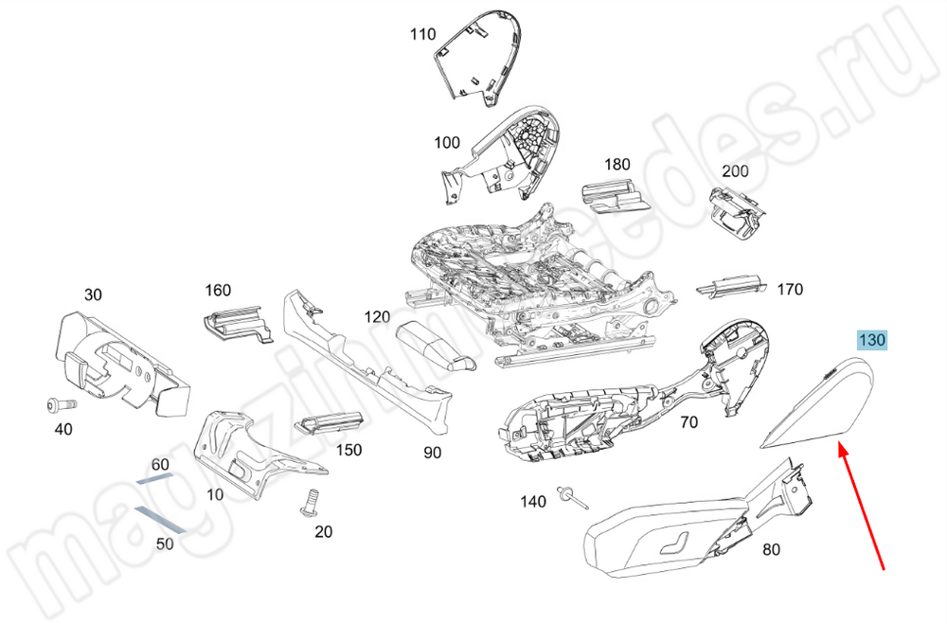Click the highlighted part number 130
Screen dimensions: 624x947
point(871,340)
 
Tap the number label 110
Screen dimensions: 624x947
point(422,35)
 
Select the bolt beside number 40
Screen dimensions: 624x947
point(58,405)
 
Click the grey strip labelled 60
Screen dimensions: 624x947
point(155,479)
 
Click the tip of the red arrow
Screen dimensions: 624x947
point(837,447)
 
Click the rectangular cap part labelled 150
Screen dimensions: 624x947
point(328,424)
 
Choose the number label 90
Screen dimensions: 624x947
point(432,453)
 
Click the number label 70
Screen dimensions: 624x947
point(688,422)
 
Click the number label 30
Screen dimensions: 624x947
point(93,294)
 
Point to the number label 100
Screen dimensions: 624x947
point(447,143)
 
